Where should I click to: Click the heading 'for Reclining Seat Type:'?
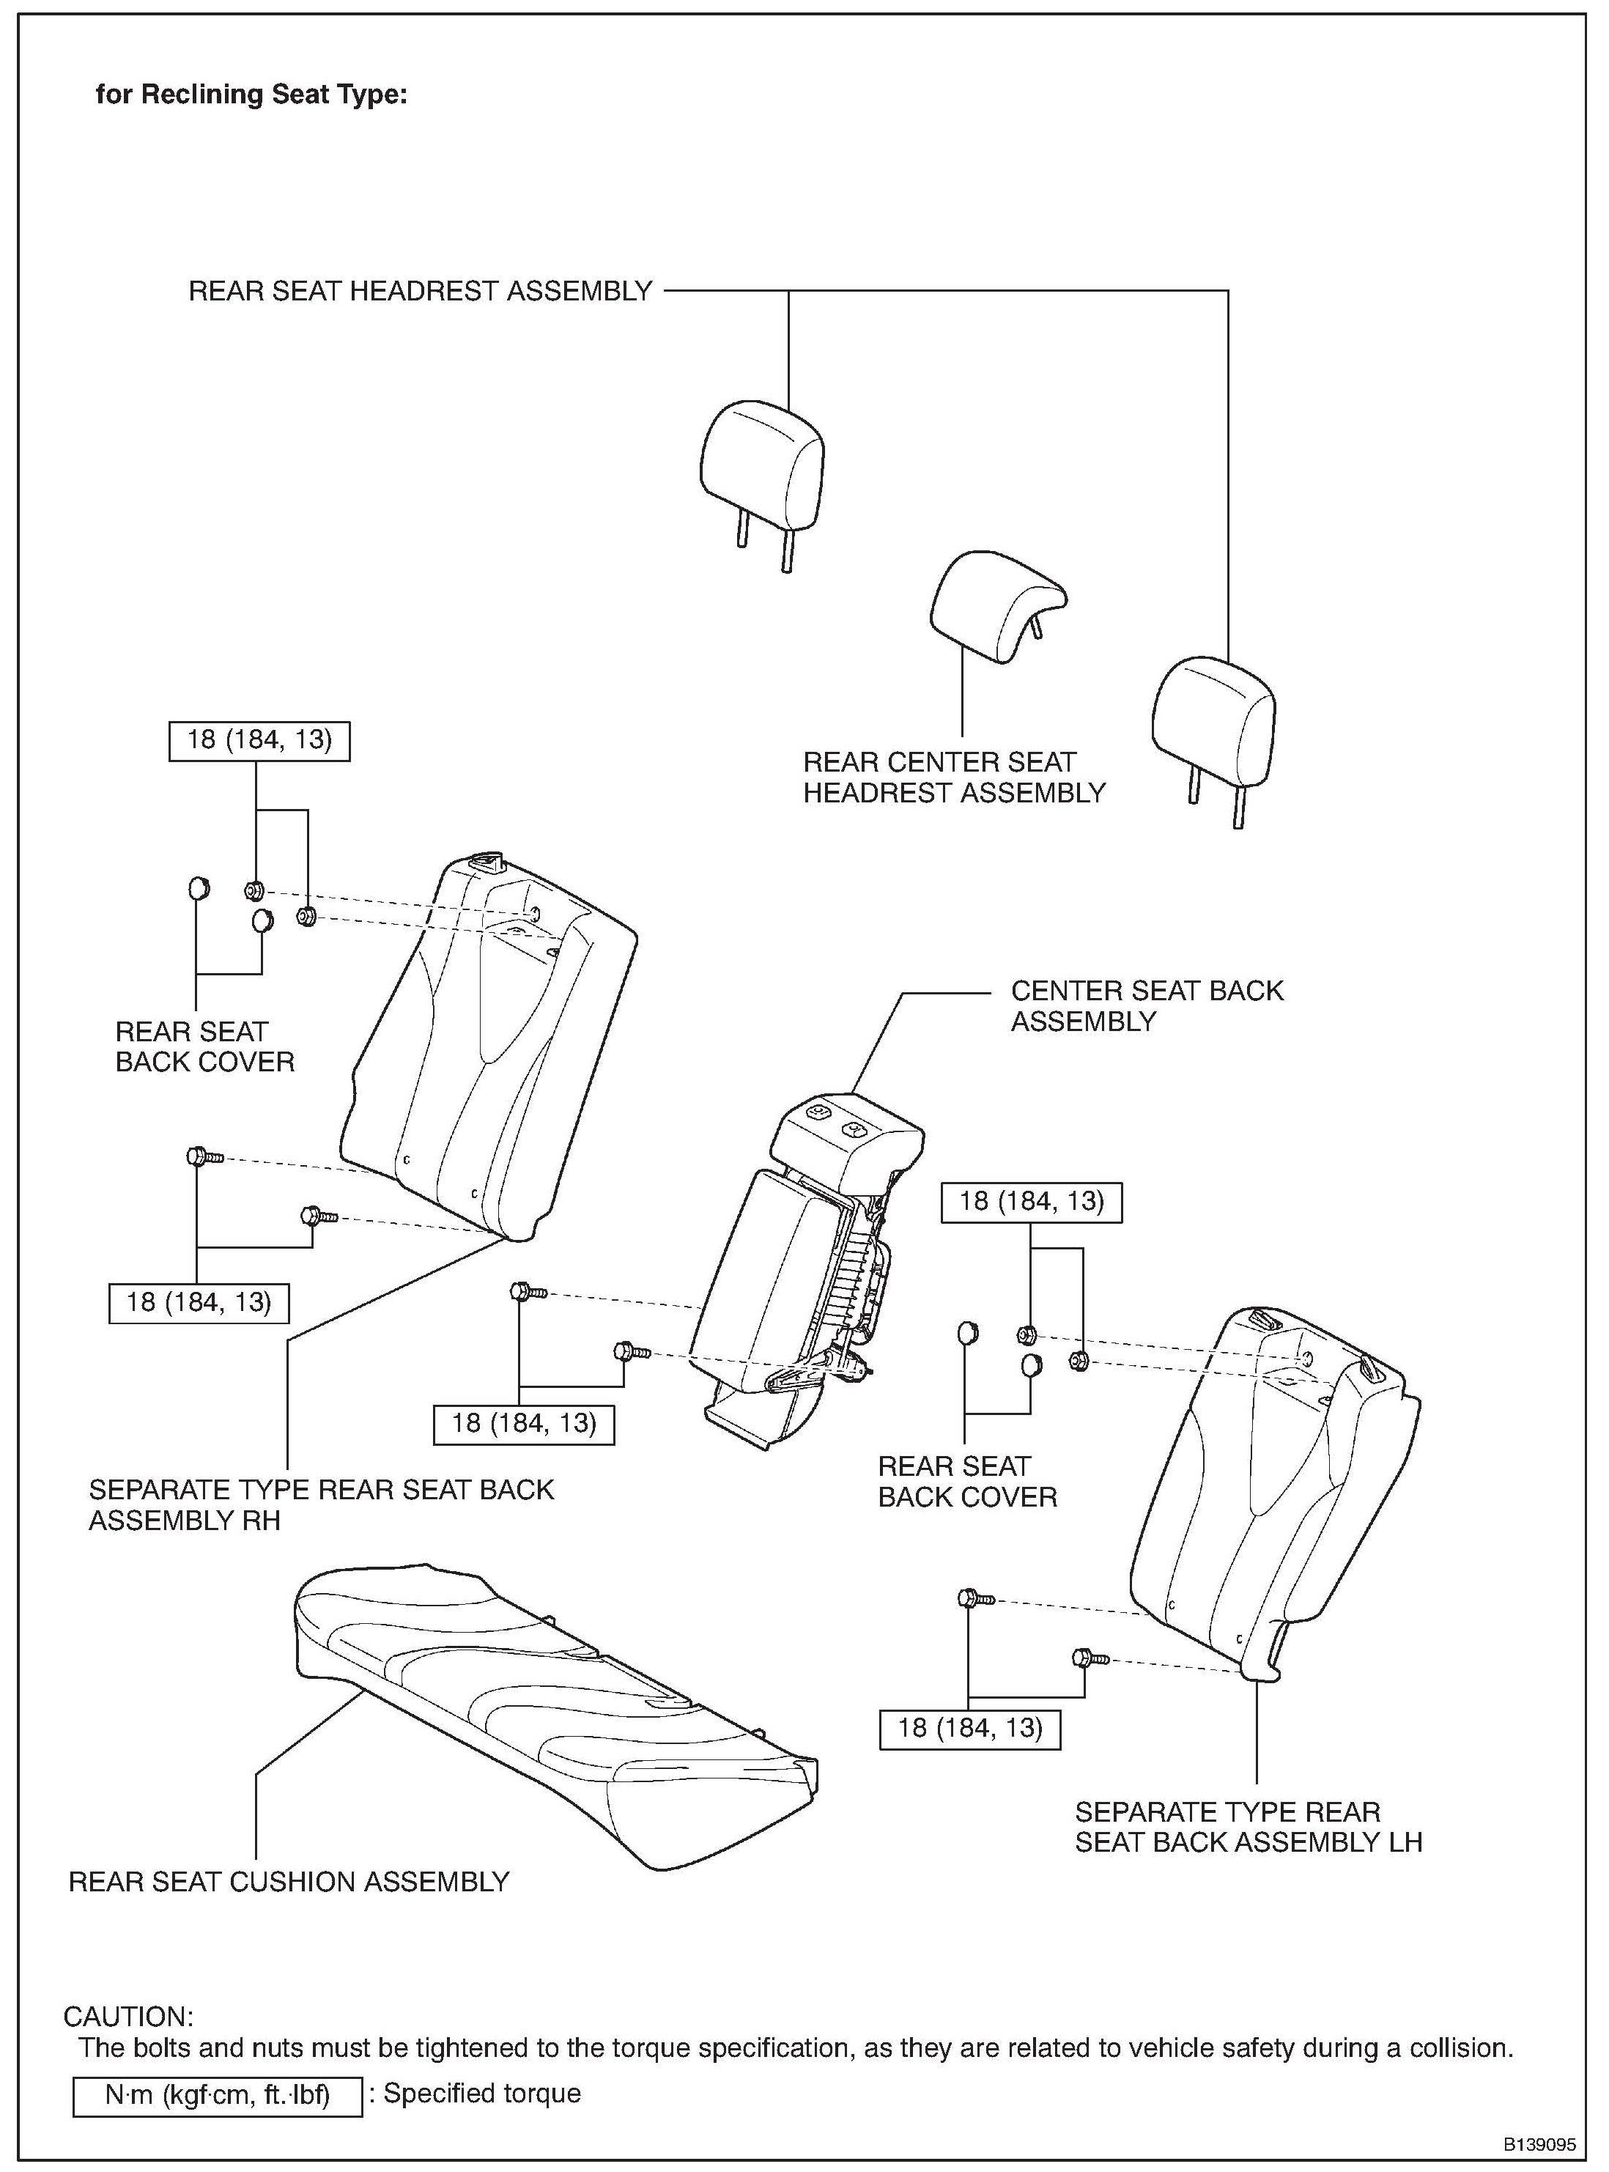click(x=251, y=95)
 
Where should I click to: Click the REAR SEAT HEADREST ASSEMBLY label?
click(x=420, y=291)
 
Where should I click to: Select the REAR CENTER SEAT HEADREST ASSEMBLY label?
click(x=953, y=777)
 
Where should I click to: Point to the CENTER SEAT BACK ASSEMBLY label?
click(x=1147, y=1005)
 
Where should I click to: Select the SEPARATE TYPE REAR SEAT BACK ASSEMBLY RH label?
click(x=322, y=1505)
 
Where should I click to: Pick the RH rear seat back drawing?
click(x=487, y=1052)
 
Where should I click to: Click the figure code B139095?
click(x=1538, y=2143)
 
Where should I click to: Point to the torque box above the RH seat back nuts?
click(x=259, y=740)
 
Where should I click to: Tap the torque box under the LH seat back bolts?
click(x=969, y=1729)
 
